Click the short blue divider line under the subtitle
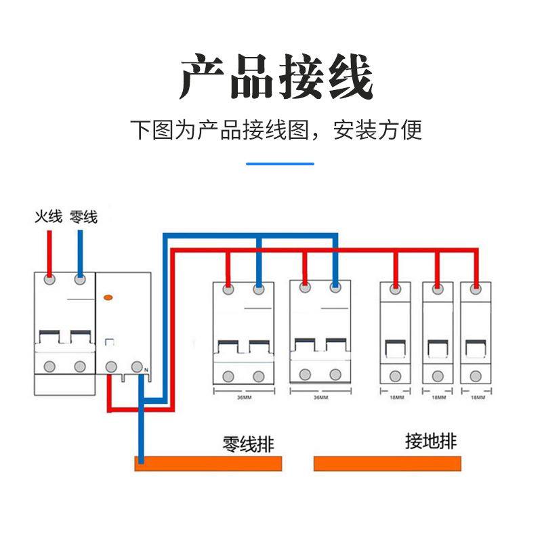tap(280, 163)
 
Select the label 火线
tap(48, 217)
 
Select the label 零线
tap(83, 217)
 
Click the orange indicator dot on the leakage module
tap(107, 297)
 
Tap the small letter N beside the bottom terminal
tap(146, 369)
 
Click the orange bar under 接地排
tap(388, 463)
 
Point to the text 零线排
tap(249, 444)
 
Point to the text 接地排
tap(430, 442)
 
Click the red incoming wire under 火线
tap(49, 251)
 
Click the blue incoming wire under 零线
tap(80, 251)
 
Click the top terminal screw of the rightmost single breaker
tap(476, 289)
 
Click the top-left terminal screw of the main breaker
tap(49, 279)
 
